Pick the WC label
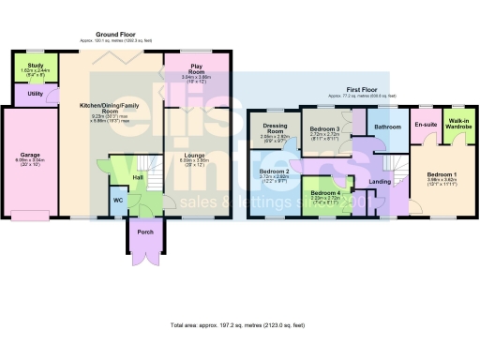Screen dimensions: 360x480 click(118, 200)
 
